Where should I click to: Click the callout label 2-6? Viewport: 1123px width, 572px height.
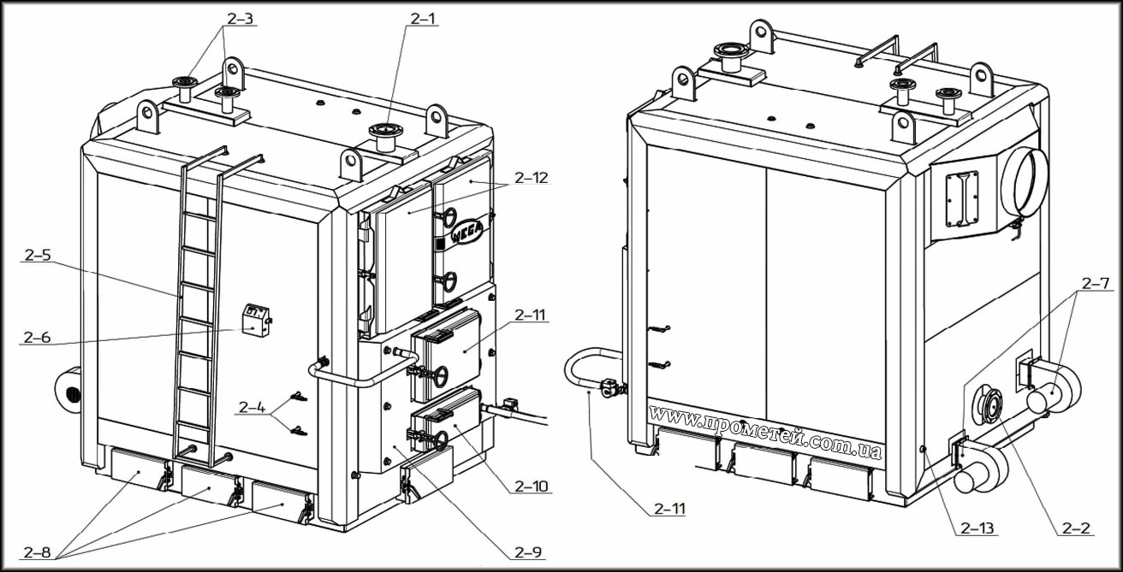click(38, 337)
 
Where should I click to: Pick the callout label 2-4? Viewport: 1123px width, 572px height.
click(252, 408)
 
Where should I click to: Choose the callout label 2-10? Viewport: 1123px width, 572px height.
click(532, 486)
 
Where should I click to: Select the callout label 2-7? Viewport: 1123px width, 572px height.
click(1096, 282)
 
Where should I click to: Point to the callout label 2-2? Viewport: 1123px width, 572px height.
click(1075, 528)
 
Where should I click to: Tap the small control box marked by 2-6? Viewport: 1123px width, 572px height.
click(255, 319)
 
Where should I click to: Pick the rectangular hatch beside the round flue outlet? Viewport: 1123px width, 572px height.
click(962, 198)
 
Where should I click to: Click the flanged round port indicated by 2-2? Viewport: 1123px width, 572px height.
click(989, 406)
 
